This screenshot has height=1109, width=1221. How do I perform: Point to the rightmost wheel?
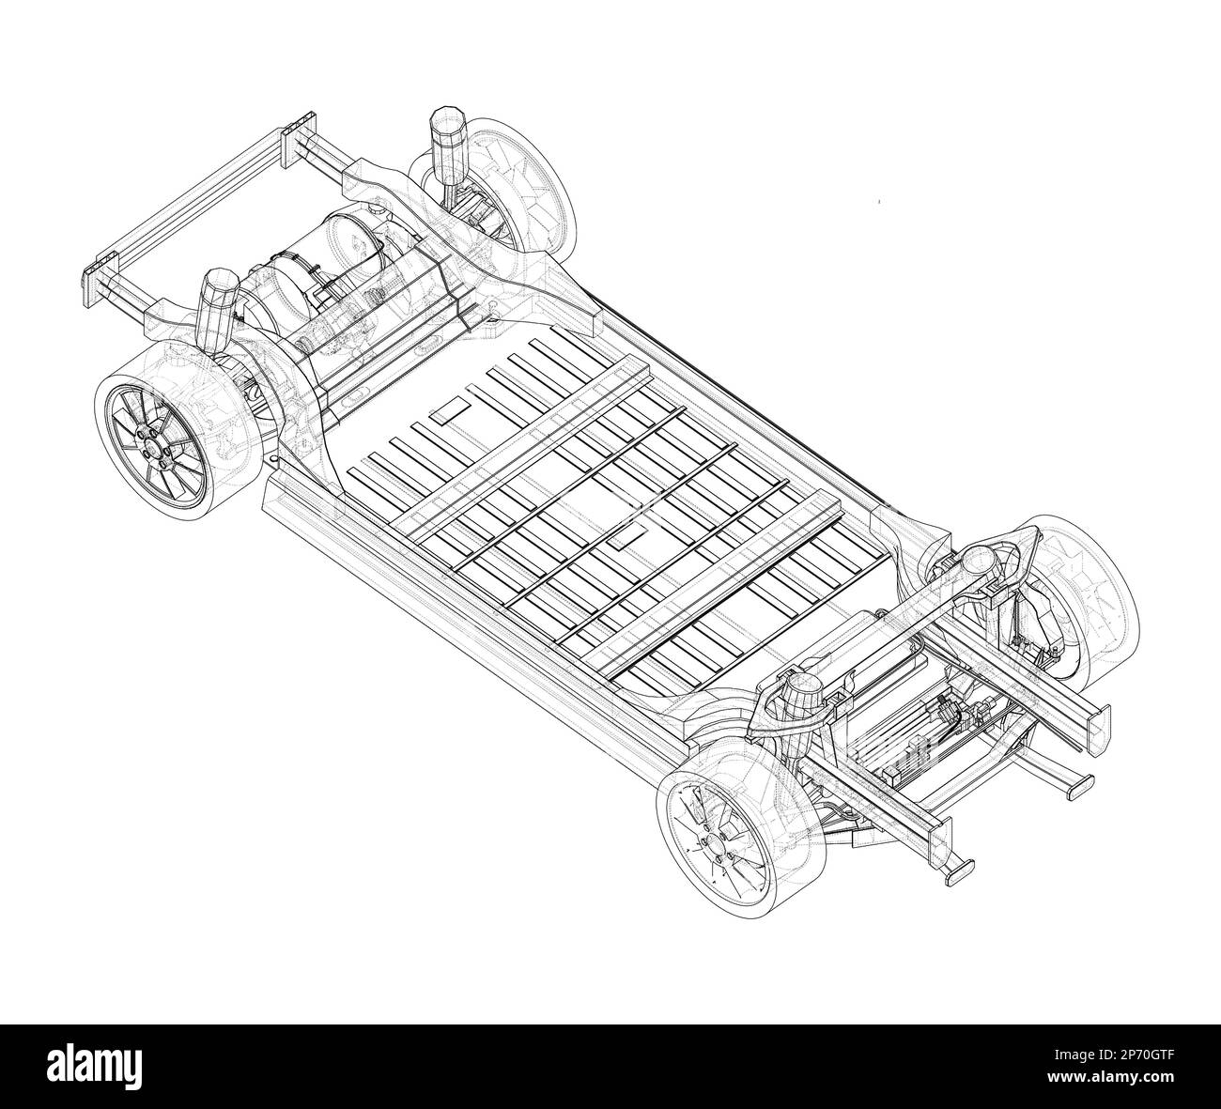(x=1080, y=601)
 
